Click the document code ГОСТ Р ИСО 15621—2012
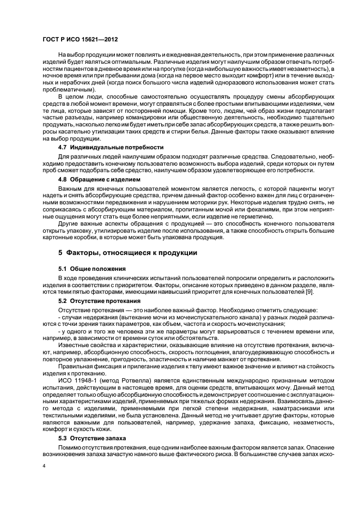click(x=80, y=40)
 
